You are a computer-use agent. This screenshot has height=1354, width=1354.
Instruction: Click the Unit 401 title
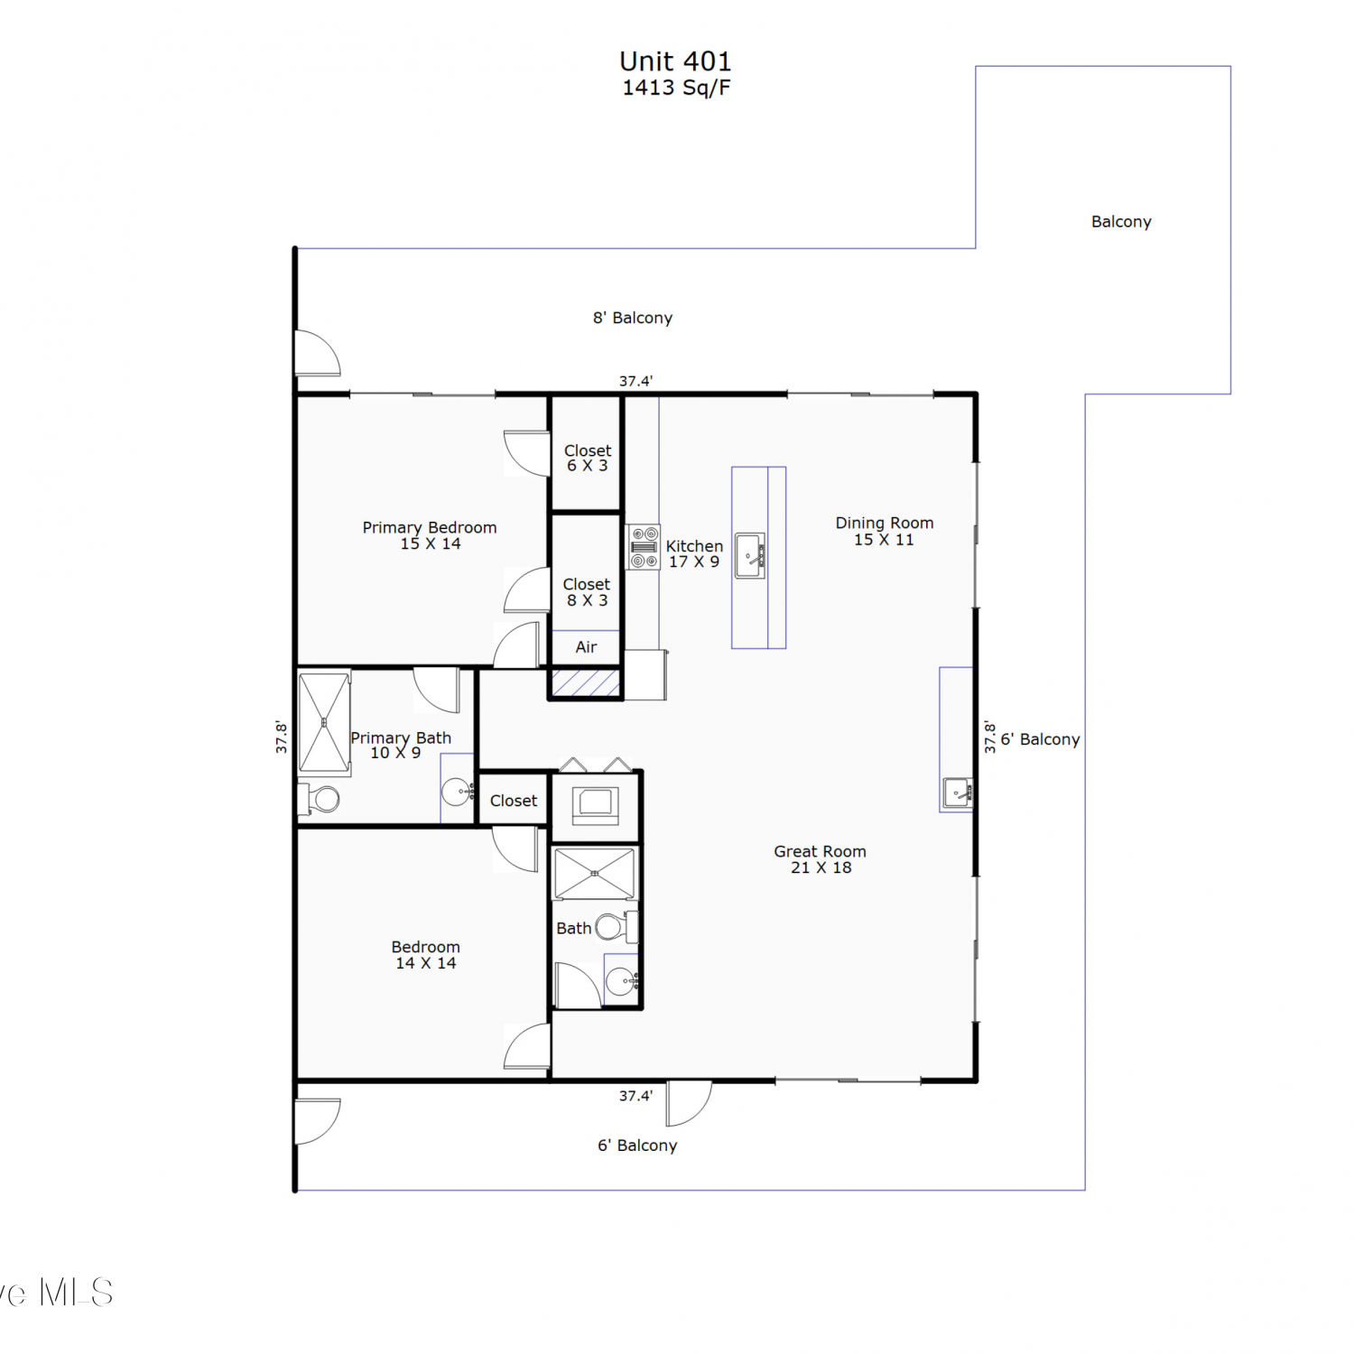[675, 61]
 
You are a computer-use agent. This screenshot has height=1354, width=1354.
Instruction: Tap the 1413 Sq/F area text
[676, 88]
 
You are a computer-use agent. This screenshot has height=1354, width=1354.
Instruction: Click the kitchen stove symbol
[644, 547]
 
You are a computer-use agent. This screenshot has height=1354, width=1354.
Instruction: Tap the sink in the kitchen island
[750, 555]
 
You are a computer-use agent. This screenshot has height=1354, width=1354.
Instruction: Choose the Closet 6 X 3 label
[588, 458]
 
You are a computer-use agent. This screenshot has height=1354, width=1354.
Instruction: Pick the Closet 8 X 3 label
[587, 592]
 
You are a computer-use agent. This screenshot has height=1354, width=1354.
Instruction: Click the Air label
[587, 647]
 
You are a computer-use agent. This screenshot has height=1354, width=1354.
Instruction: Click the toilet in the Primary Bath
[319, 799]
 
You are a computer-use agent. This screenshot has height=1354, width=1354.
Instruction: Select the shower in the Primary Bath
[324, 723]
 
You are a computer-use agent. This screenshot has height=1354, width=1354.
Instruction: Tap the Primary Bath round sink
[457, 793]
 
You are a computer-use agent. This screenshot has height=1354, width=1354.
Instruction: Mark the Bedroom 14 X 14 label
[426, 955]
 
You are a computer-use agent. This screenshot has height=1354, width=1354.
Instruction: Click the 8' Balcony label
[633, 318]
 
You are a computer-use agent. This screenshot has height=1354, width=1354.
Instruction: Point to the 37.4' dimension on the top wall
[635, 382]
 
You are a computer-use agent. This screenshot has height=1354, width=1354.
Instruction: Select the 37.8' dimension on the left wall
[282, 737]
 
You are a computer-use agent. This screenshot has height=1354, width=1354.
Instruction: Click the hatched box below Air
[586, 682]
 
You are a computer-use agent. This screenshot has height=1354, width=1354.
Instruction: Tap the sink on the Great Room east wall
[958, 792]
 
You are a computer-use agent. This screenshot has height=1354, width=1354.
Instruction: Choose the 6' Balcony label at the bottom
[637, 1145]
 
